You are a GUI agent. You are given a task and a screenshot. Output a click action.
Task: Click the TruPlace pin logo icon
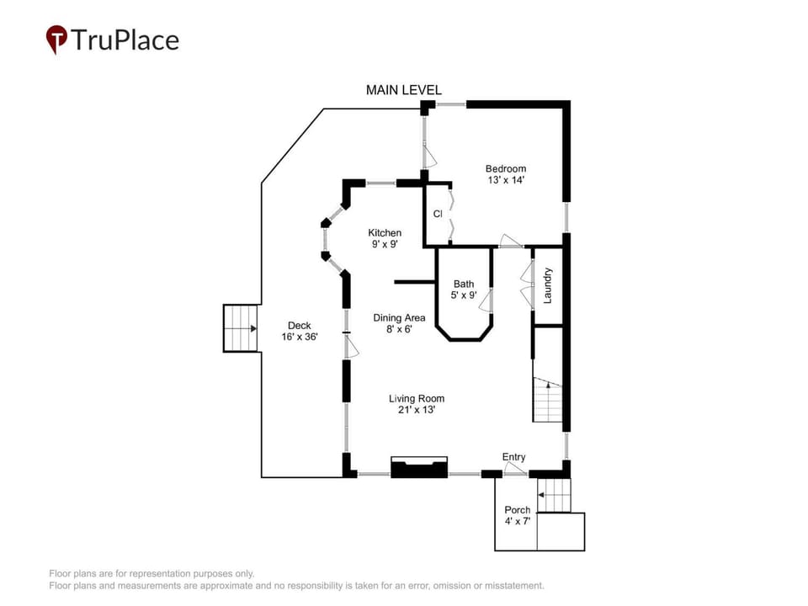click(x=56, y=40)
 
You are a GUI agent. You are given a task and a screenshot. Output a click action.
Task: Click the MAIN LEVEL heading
click(x=403, y=90)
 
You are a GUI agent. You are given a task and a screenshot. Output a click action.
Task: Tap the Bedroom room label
click(x=506, y=174)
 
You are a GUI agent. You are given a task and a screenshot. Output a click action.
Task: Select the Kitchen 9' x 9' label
click(x=385, y=238)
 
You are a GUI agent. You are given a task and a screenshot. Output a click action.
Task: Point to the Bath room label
click(x=464, y=290)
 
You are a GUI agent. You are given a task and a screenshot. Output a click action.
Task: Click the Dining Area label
click(x=399, y=323)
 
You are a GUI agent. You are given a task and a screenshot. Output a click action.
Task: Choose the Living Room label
click(x=417, y=404)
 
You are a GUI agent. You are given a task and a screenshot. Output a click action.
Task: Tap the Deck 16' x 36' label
click(x=300, y=331)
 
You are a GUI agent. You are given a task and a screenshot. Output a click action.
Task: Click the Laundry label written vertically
click(x=548, y=285)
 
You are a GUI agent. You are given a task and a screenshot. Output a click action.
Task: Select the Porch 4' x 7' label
click(x=518, y=515)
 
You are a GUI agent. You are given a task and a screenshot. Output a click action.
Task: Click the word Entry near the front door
click(x=513, y=457)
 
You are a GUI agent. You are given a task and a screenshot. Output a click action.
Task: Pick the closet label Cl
click(x=438, y=214)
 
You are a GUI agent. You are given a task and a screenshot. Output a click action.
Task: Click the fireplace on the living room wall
click(x=419, y=467)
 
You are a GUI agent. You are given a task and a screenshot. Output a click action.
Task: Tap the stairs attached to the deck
click(x=240, y=328)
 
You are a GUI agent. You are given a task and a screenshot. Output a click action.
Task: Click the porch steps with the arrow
click(x=554, y=495)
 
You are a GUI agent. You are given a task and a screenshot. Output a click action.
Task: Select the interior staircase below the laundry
click(x=548, y=400)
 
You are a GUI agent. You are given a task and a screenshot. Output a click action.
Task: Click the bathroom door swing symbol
click(x=486, y=300)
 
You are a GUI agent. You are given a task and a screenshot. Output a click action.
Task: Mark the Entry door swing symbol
click(x=513, y=469)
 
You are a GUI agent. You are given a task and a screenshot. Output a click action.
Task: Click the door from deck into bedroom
click(x=428, y=156)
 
